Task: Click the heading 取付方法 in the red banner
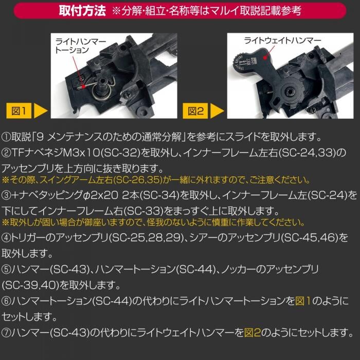coord(82,11)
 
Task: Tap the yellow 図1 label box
coord(19,111)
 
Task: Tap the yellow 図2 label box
coord(195,111)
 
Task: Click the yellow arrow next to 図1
coord(41,111)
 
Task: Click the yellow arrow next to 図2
coord(217,111)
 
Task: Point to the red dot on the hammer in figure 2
coord(266,57)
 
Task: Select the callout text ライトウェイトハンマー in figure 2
coord(282,41)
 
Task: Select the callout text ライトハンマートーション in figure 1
coord(80,46)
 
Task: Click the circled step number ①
coord(6,137)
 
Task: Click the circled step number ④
coord(6,238)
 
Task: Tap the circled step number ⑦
coord(6,332)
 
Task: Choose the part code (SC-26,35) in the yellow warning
coord(138,180)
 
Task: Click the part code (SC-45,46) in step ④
coord(310,238)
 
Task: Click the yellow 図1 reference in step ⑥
coord(303,301)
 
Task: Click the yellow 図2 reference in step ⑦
coord(253,332)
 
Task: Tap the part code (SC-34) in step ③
coord(159,195)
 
